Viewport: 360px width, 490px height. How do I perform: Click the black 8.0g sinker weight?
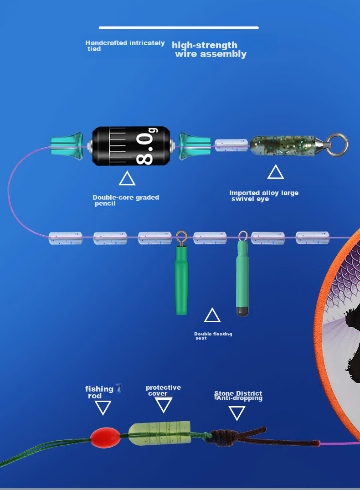pos(131,146)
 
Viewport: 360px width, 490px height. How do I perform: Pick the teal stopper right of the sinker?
pos(195,146)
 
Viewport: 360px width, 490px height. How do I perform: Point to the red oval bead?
pos(105,438)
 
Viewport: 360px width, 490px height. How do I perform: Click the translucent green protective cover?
pos(159,433)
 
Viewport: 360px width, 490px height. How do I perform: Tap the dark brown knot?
pos(223,437)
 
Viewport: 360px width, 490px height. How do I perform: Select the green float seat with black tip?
pos(242,278)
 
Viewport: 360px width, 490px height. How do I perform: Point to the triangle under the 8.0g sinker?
pos(127,178)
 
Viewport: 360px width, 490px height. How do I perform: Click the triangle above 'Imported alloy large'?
pos(276,172)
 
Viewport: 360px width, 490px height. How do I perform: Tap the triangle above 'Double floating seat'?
pos(212,315)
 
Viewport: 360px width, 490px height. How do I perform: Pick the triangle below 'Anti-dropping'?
pos(237,413)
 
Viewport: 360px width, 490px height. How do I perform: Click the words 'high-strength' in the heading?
pos(205,45)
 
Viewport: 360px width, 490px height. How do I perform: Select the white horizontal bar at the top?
pos(179,28)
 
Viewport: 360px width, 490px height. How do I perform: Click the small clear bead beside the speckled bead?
pos(231,145)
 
